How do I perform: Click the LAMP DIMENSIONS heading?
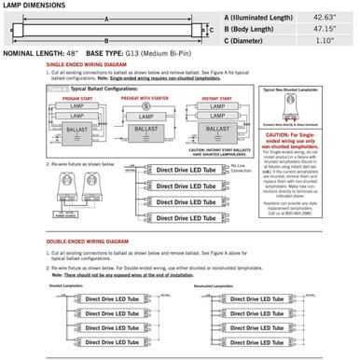[34, 7]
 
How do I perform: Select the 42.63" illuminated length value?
[321, 18]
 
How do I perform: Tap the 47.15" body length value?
[321, 29]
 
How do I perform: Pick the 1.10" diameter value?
[321, 41]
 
